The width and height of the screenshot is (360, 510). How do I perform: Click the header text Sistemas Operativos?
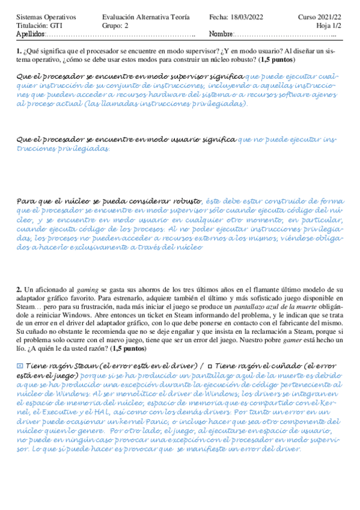[43, 17]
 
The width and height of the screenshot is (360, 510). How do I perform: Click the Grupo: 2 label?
[115, 26]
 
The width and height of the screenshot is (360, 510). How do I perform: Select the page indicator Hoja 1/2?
[328, 26]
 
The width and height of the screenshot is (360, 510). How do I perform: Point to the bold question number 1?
[19, 52]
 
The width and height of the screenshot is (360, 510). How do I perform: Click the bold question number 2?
[19, 290]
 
